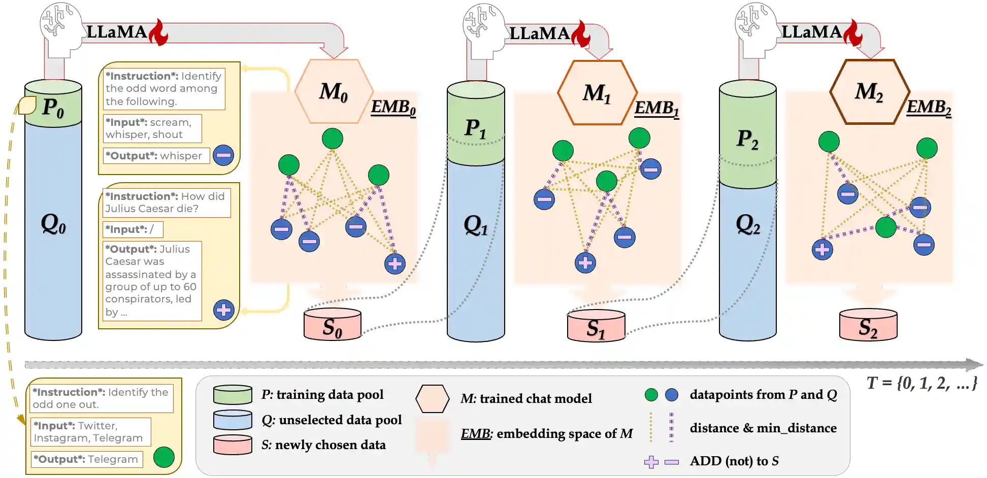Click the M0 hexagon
tap(334, 92)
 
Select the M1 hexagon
tap(597, 93)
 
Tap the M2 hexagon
tap(869, 92)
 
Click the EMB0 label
tap(393, 107)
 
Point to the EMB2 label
tap(929, 107)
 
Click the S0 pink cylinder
tap(333, 325)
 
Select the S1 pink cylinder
tap(596, 326)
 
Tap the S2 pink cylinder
tap(868, 325)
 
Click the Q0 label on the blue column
tap(53, 223)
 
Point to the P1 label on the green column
tap(476, 128)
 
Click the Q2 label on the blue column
tap(748, 224)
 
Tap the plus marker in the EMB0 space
tap(395, 263)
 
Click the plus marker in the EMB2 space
tap(822, 249)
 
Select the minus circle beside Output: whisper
tap(223, 155)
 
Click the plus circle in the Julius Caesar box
tap(224, 310)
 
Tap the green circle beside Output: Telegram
tap(164, 457)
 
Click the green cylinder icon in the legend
tap(233, 395)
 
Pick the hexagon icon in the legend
tap(433, 399)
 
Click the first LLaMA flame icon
tap(159, 32)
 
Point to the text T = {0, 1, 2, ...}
tap(922, 383)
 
